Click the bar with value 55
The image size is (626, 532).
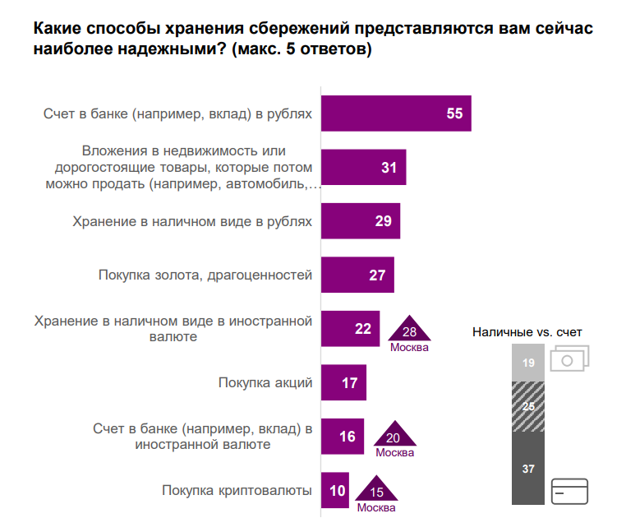click(394, 113)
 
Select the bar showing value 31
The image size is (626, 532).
click(362, 167)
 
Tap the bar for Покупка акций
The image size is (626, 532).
click(343, 382)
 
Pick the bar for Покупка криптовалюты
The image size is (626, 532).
click(334, 491)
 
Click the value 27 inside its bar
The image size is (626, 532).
click(377, 275)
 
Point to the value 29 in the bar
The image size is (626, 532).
click(382, 221)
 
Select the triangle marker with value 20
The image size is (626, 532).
click(394, 437)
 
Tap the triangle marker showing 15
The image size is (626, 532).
click(377, 491)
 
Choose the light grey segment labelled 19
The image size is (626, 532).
click(528, 363)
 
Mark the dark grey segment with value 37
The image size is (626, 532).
click(528, 469)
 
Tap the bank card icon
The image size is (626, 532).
click(571, 492)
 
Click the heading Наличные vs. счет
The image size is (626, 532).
click(527, 332)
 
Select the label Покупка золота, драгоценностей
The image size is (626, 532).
click(205, 275)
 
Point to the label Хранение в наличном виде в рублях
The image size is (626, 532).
click(192, 221)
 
